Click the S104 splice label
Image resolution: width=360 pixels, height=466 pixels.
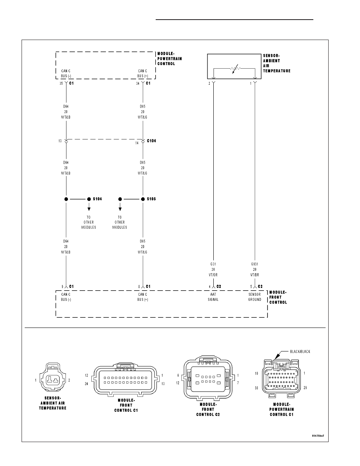(x=97, y=199)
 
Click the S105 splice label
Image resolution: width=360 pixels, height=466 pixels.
(x=151, y=199)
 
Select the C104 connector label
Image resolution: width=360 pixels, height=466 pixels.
(x=151, y=141)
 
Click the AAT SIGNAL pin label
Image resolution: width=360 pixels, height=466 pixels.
(x=213, y=297)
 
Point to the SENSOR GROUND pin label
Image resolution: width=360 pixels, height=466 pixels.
(x=255, y=297)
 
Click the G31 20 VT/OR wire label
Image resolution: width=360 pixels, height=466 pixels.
(x=213, y=269)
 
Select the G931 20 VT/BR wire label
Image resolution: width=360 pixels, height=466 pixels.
(x=255, y=269)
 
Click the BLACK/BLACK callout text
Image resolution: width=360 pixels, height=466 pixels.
(x=300, y=351)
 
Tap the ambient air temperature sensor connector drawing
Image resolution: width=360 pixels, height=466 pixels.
(x=52, y=378)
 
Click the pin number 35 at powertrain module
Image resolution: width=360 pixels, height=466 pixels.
(x=61, y=84)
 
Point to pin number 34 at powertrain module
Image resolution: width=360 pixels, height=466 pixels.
(x=138, y=84)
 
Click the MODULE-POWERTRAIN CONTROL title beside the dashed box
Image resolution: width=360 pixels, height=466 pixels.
(x=169, y=58)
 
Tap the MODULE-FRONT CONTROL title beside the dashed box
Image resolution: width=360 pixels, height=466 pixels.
(x=278, y=297)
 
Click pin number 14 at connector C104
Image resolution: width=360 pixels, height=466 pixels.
(x=137, y=143)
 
